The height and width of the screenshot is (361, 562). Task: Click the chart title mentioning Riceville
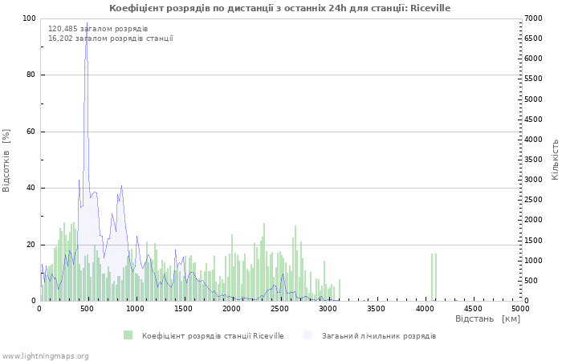pos(279,8)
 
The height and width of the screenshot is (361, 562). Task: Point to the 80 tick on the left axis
pos(31,75)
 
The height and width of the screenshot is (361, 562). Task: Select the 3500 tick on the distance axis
pos(376,309)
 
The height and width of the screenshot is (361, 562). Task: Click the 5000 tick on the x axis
pos(520,309)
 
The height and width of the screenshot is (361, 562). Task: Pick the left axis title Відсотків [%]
pos(6,160)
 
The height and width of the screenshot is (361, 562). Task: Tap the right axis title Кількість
pos(555,160)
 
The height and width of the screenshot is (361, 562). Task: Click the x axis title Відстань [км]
pos(487,318)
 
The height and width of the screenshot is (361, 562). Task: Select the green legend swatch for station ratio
pos(128,335)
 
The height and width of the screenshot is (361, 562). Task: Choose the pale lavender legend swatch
pos(307,335)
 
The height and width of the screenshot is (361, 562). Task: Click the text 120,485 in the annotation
pos(63,29)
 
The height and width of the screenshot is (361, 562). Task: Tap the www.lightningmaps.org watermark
pos(45,356)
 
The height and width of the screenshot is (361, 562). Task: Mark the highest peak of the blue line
pos(87,22)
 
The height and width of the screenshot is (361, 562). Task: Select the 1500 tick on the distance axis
pos(183,309)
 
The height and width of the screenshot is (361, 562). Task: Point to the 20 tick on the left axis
pos(31,245)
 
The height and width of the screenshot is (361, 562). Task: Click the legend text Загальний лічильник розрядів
pos(379,336)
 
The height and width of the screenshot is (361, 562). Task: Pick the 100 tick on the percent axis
pos(29,18)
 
